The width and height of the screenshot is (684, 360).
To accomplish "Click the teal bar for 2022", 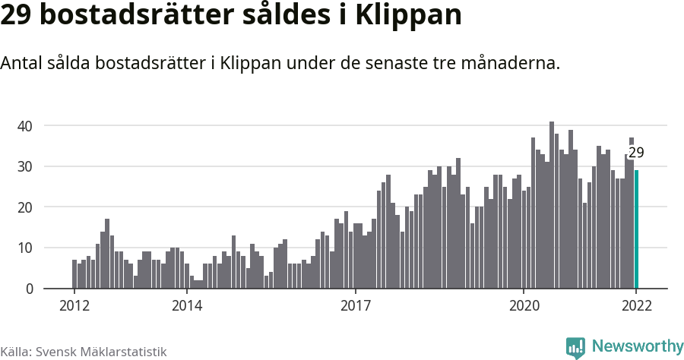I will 637,229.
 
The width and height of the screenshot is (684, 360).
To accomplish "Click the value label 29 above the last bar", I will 636,153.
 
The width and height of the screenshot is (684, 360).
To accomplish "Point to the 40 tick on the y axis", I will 26,125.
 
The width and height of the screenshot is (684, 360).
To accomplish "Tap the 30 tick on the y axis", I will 26,166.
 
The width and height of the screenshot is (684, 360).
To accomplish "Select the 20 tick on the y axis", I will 26,207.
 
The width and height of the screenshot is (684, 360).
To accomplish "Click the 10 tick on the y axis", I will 26,248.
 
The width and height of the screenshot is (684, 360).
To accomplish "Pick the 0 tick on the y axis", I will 30,289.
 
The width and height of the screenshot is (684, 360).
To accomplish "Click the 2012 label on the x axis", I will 74,306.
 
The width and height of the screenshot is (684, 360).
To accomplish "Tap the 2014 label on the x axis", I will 186,306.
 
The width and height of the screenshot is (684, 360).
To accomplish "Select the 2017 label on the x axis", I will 355,306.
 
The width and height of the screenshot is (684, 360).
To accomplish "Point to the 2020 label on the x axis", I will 524,306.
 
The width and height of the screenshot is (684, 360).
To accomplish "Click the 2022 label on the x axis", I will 636,306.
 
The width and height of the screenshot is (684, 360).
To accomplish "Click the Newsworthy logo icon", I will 575,348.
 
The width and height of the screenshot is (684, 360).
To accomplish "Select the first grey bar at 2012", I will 74,274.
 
